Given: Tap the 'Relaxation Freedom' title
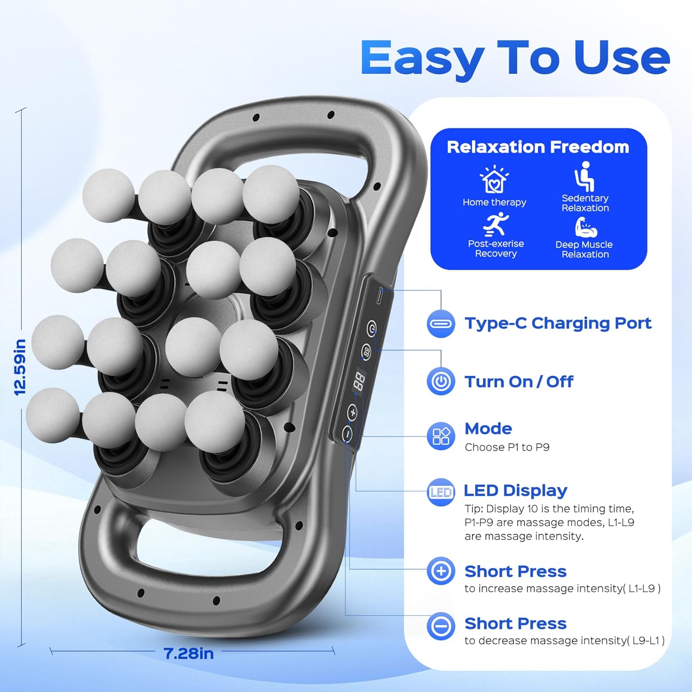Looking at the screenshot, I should click(x=538, y=147).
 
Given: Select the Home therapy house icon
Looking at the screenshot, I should click(x=494, y=180).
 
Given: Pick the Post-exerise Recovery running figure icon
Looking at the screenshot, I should click(x=495, y=225).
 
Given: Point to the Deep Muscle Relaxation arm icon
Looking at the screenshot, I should click(x=585, y=227).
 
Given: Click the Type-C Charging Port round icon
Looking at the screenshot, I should click(x=441, y=324).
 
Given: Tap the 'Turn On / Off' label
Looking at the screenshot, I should click(x=519, y=382).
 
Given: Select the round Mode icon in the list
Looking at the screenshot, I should click(x=441, y=436).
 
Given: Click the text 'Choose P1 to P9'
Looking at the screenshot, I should click(x=507, y=447).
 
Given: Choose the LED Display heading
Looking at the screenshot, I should click(x=515, y=490).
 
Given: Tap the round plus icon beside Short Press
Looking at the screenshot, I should click(x=441, y=571).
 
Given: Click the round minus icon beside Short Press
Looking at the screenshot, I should click(x=441, y=626).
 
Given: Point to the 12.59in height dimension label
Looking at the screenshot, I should click(x=20, y=367).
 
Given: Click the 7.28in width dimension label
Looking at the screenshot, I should click(x=188, y=653).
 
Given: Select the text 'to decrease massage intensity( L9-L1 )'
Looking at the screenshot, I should click(x=564, y=640).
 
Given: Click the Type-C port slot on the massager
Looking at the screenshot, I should click(x=379, y=296).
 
